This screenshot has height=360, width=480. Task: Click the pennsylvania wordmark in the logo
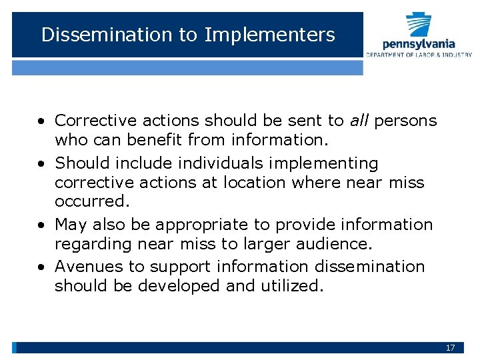pos(419,43)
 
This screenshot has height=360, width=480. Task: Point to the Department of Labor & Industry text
pos(419,55)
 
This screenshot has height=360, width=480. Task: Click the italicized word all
pos(359,121)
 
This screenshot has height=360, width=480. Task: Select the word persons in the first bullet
pos(405,121)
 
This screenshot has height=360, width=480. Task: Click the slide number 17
pos(450,348)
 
